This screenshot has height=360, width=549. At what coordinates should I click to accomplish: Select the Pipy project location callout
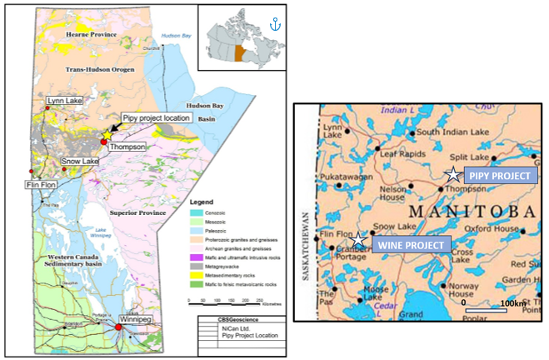(x=157, y=118)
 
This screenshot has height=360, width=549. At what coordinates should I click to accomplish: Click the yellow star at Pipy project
(x=107, y=135)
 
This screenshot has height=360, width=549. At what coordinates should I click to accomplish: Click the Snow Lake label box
(x=80, y=161)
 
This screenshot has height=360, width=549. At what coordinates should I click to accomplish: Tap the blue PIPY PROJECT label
(x=497, y=176)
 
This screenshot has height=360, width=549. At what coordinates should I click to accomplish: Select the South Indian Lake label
(x=449, y=132)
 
